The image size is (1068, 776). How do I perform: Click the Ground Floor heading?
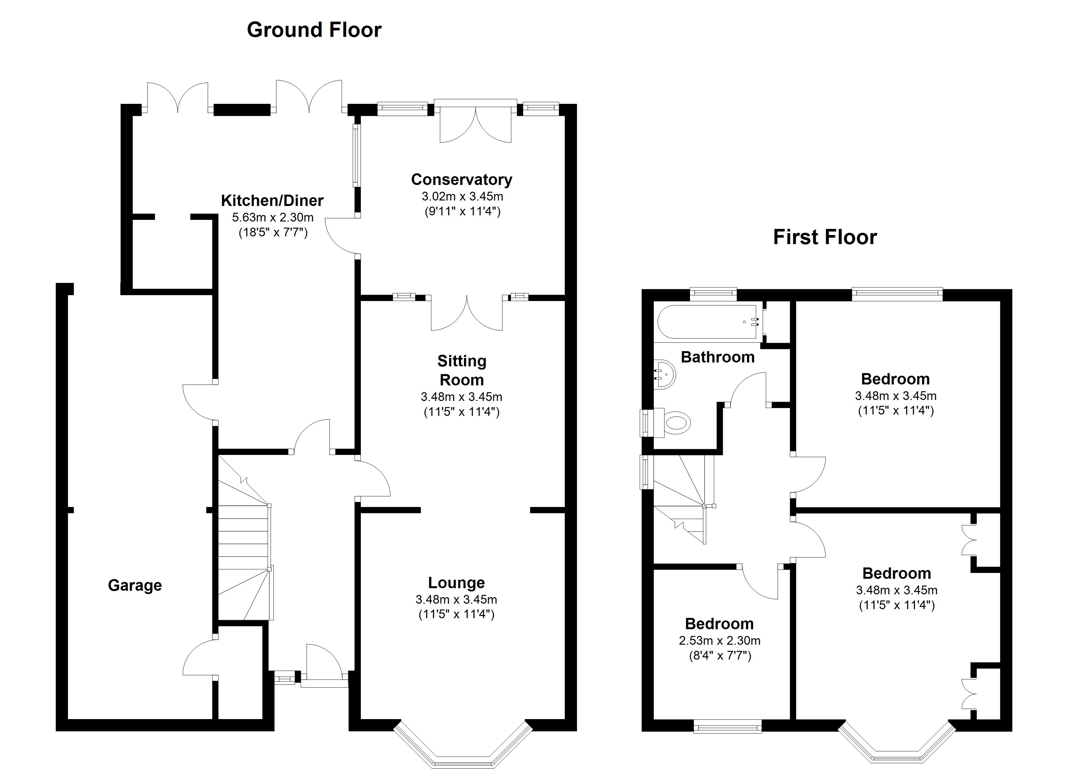[x=314, y=30]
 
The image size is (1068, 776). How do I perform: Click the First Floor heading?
[x=825, y=237]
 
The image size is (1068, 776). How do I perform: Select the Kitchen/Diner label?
[x=272, y=200]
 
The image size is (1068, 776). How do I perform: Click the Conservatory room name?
[x=462, y=179]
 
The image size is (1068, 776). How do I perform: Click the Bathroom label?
[x=718, y=357]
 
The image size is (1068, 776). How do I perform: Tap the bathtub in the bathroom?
[x=706, y=322]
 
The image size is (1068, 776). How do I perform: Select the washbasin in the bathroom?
[x=665, y=375]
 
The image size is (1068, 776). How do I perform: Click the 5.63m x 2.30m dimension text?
[x=273, y=217]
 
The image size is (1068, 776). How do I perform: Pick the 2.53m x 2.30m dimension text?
[x=719, y=641]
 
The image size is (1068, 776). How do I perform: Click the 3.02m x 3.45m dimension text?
[x=462, y=196]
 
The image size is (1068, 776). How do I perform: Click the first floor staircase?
[x=683, y=503]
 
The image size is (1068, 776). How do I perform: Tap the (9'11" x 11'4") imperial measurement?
[x=462, y=211]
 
